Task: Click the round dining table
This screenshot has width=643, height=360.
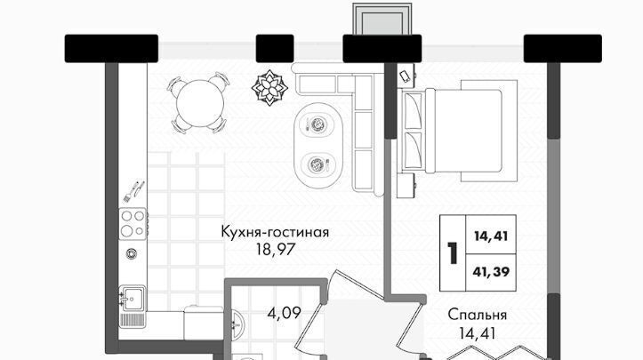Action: (x=200, y=103)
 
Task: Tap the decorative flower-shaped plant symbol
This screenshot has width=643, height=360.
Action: (x=269, y=87)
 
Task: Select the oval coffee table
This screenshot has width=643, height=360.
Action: (x=318, y=145)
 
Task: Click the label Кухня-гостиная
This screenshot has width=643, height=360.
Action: (x=275, y=232)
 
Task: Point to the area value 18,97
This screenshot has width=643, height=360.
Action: (x=276, y=249)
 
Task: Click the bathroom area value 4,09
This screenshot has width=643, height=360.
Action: (x=285, y=314)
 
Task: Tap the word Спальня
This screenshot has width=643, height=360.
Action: (x=478, y=315)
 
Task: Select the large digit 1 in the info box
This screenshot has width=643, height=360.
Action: (x=453, y=252)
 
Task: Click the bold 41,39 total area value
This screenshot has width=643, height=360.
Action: (x=491, y=271)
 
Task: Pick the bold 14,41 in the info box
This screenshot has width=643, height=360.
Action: (x=491, y=236)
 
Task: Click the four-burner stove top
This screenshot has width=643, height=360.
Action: (x=133, y=224)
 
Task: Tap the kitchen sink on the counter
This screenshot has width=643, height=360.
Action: (x=132, y=298)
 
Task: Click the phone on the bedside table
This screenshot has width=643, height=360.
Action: (x=406, y=76)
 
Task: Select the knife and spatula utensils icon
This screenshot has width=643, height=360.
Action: (x=133, y=191)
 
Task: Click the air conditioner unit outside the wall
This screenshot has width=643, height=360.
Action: (x=382, y=20)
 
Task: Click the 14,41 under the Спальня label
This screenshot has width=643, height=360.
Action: (x=478, y=333)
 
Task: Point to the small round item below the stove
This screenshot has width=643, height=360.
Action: (x=132, y=254)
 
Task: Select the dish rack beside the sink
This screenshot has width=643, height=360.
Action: (x=132, y=320)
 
